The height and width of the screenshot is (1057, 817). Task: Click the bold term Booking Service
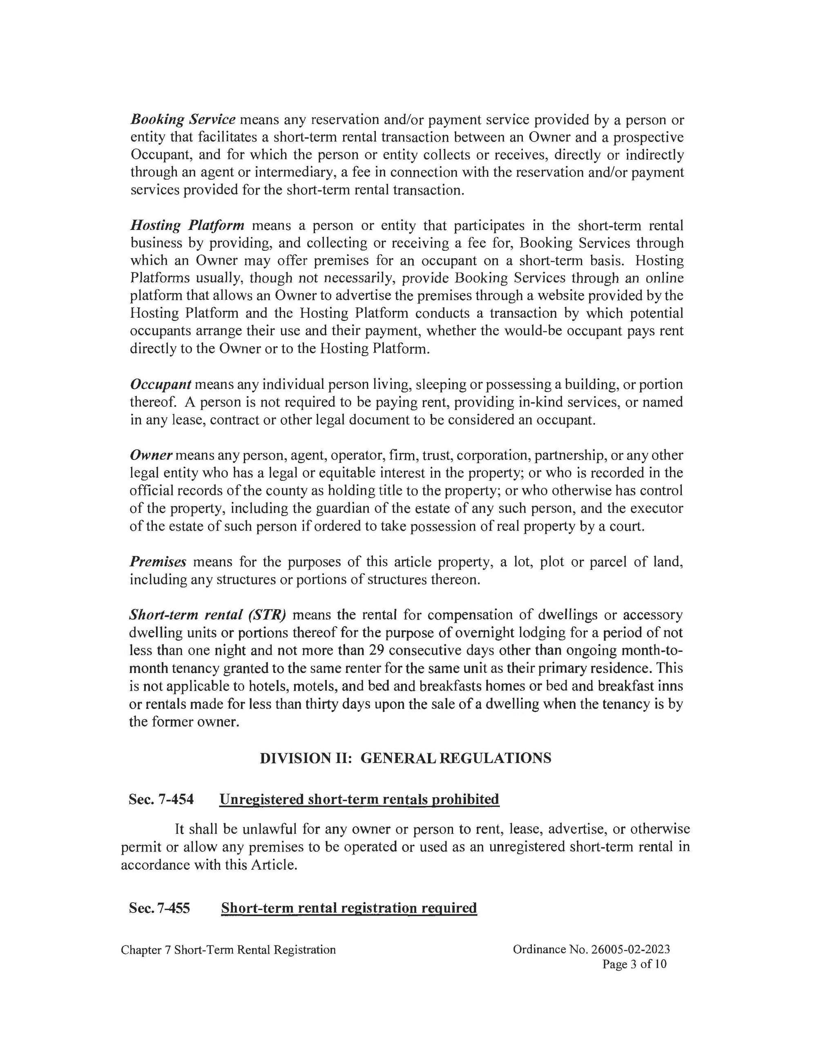tap(183, 120)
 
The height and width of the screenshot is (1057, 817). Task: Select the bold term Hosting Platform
tap(188, 225)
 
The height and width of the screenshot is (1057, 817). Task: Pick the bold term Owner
tap(151, 455)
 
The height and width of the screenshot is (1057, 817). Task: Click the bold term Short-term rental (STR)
tap(208, 615)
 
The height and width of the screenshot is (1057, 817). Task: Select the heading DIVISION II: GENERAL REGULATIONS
tap(405, 758)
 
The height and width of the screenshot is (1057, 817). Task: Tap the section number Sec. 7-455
tap(159, 908)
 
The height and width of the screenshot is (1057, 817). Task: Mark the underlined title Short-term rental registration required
tap(349, 908)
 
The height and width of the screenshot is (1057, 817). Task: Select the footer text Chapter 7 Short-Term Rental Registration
tap(228, 950)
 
